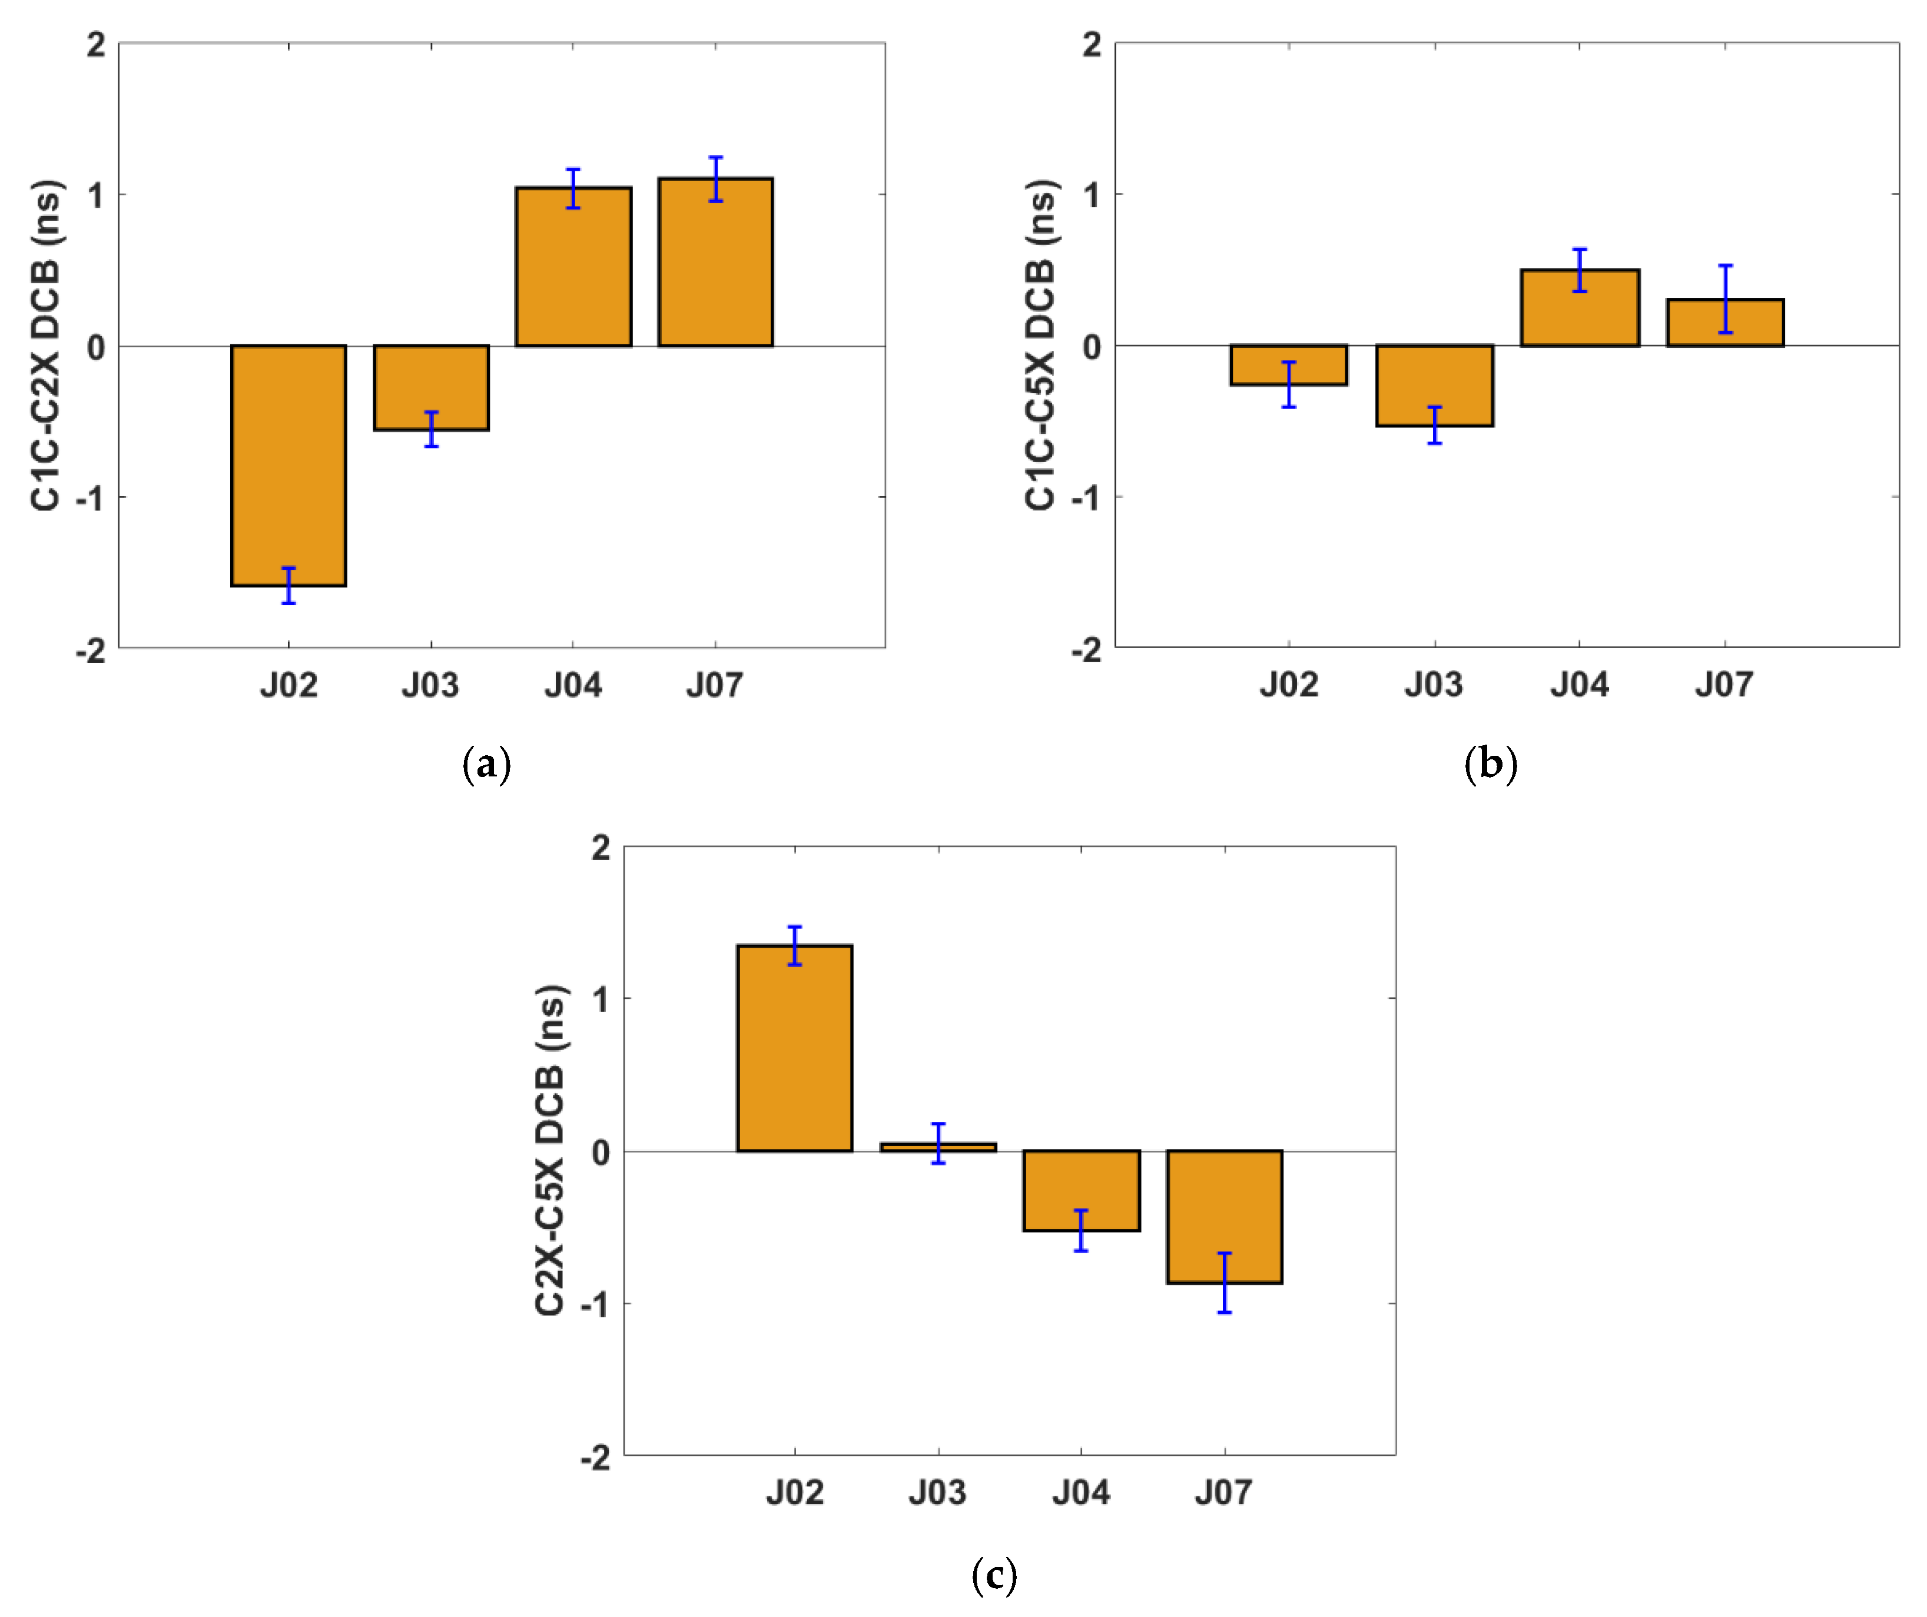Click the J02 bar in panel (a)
tap(288, 465)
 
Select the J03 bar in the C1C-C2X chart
tap(430, 387)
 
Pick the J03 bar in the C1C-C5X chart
tap(1434, 385)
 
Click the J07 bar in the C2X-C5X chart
tap(1224, 1216)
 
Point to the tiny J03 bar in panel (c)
tap(938, 1147)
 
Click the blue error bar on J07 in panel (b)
tap(1725, 298)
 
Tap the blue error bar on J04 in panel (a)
tap(573, 188)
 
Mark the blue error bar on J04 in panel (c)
tap(1081, 1231)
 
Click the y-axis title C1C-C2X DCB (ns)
tap(46, 345)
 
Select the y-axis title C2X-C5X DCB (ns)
tap(550, 1150)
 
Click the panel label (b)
tap(1490, 763)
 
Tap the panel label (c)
tap(994, 1575)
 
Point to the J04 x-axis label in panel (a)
tap(573, 685)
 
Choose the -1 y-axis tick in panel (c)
tap(596, 1303)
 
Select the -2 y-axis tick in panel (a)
tap(91, 651)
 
